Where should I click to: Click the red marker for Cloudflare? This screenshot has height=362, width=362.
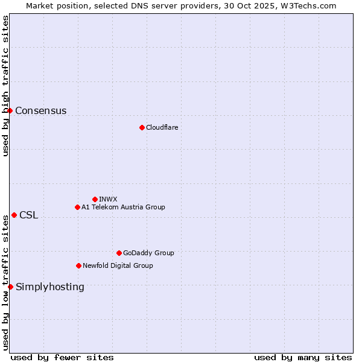[x=142, y=127]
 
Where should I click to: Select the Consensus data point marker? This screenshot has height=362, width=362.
[x=10, y=110]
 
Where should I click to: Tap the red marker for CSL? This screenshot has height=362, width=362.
[x=14, y=215]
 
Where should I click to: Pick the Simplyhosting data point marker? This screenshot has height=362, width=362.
[x=10, y=287]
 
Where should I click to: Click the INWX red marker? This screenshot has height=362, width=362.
[x=95, y=199]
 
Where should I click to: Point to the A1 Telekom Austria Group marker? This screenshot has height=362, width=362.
[x=77, y=207]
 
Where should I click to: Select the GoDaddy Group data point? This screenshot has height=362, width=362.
[x=119, y=253]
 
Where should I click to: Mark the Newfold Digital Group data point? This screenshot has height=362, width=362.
[x=78, y=265]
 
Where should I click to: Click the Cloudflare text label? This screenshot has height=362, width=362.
[x=162, y=127]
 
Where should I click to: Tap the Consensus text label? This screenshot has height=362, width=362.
[x=41, y=110]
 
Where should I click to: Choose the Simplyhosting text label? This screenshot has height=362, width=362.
[x=50, y=287]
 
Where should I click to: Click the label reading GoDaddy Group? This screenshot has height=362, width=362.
[x=148, y=253]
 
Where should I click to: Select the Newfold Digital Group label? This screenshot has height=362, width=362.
[x=118, y=265]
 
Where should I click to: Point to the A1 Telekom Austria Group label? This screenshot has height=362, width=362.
[x=123, y=207]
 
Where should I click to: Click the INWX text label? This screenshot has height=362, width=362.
[x=108, y=199]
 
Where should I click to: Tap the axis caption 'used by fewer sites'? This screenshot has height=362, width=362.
[x=62, y=357]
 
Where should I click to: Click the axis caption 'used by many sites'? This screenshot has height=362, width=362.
[x=303, y=357]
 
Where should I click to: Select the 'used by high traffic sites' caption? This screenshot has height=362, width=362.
[x=5, y=86]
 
